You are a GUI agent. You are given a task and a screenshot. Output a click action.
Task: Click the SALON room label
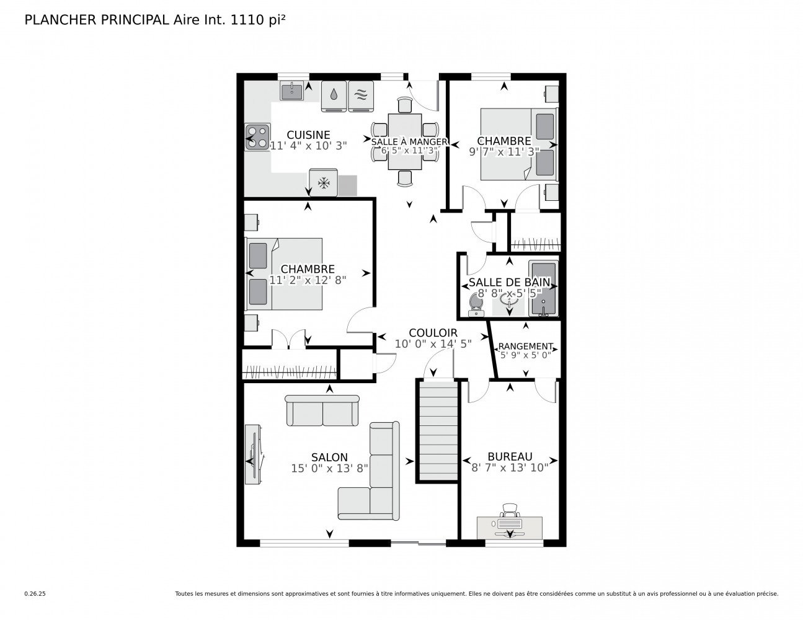[329, 458]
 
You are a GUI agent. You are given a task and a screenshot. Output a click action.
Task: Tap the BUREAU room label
[510, 456]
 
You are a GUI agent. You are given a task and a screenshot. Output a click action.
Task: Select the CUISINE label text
[308, 135]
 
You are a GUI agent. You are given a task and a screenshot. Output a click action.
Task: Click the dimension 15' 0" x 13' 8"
[329, 469]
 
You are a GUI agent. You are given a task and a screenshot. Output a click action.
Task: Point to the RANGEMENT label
[526, 346]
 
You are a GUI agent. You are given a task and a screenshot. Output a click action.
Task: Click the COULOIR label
[433, 332]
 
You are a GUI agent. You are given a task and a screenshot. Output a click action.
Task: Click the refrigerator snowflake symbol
[323, 183]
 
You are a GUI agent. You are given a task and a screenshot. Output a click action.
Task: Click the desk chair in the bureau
[510, 511]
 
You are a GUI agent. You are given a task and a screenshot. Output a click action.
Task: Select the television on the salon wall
[253, 454]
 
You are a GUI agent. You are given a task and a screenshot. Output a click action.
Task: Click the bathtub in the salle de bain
[543, 289]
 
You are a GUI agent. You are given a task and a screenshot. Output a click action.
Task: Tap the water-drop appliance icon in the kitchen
[334, 96]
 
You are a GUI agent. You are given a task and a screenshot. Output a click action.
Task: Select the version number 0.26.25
[35, 593]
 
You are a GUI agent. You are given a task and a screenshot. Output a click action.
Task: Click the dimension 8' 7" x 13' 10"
[510, 467]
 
